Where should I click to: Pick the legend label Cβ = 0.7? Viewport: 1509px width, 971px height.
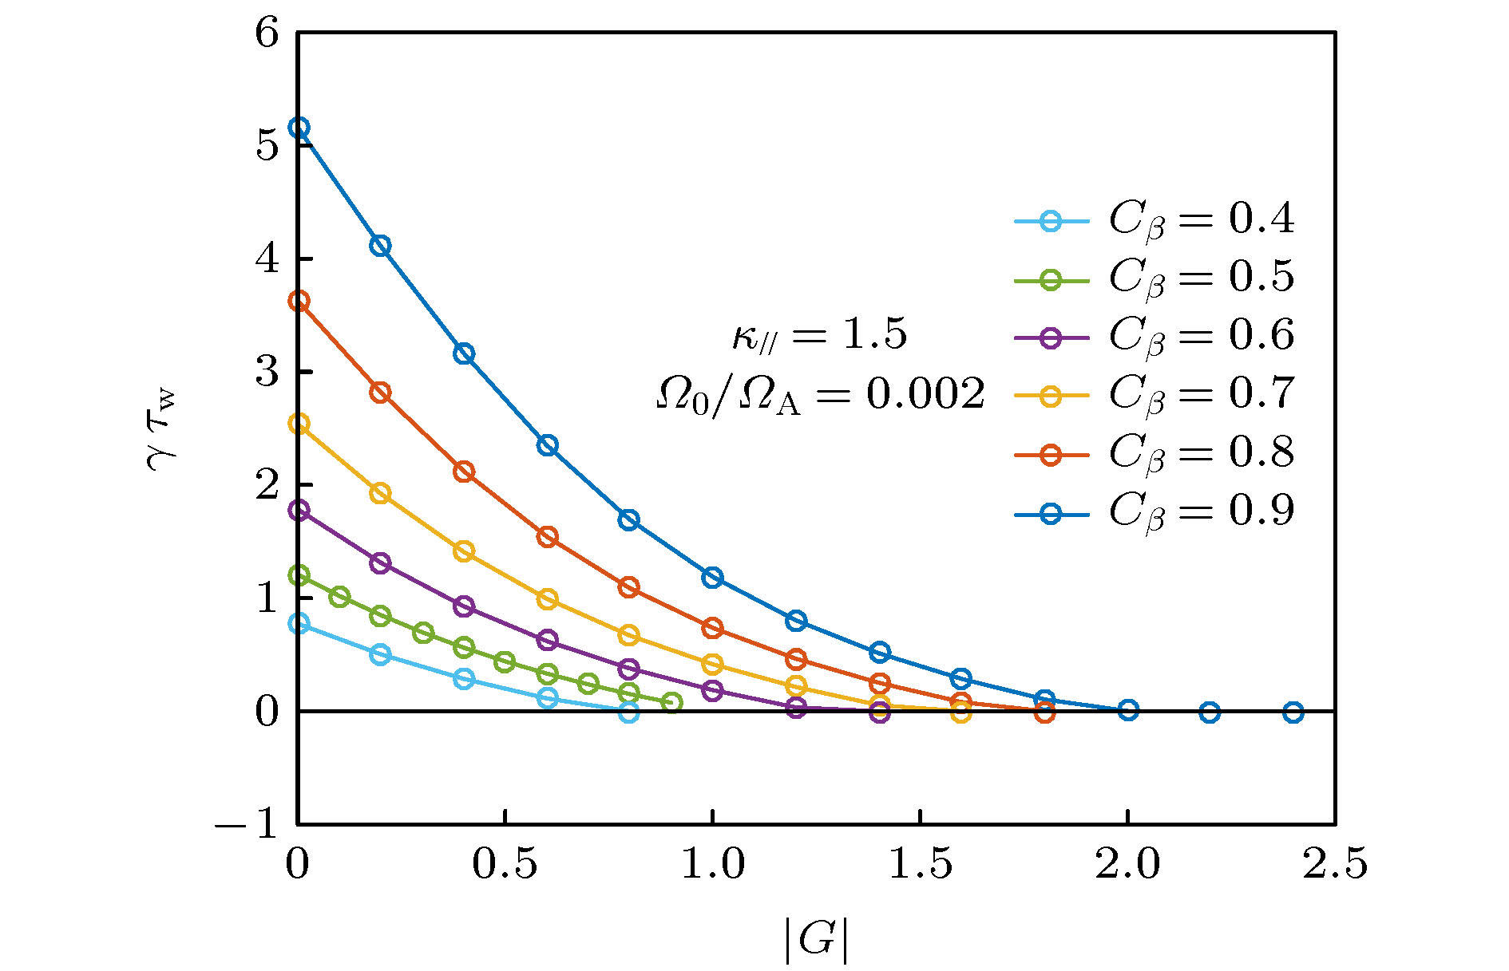click(x=1201, y=394)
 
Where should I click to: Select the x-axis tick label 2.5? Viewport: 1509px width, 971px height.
click(x=1335, y=865)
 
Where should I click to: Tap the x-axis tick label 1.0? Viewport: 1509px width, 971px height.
click(x=712, y=865)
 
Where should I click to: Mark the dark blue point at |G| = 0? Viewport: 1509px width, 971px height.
click(x=299, y=128)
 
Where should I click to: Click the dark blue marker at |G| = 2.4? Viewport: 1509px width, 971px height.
click(x=1293, y=712)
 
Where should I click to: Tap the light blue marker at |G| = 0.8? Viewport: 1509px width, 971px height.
click(x=629, y=712)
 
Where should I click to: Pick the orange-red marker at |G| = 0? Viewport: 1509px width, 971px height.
click(x=299, y=301)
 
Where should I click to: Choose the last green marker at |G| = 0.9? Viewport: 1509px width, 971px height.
click(x=671, y=703)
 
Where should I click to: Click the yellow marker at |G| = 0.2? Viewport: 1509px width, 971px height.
click(x=381, y=493)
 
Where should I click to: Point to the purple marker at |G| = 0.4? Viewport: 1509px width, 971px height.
click(x=464, y=606)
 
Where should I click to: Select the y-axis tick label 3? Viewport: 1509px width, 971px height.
click(x=267, y=373)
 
